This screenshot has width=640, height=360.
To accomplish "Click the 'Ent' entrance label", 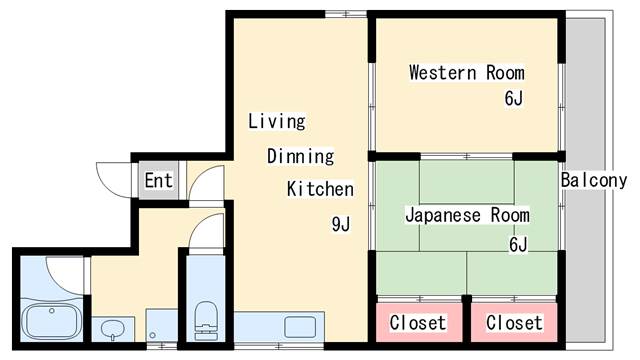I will coord(158,181).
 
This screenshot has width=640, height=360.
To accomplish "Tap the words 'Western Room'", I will coord(466,73).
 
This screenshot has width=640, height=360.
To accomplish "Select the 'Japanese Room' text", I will coord(466,215).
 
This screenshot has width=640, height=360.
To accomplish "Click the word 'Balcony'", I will coord(593,181).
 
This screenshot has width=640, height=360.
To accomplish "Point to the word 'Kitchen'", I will coord(320,188).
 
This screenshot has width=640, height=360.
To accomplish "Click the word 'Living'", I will coord(276,122).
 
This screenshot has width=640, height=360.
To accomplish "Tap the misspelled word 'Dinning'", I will coord(300,156).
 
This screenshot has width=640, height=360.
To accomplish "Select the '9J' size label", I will coord(341,223).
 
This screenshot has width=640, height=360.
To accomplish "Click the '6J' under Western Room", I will coord(513,98).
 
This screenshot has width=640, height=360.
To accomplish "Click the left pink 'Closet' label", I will coord(417,323).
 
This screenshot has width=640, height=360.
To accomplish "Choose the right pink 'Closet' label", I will coord(514,323).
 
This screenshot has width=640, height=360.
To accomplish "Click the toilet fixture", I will coord(206,319).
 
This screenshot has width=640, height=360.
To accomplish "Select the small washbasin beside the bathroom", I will coord(112,328).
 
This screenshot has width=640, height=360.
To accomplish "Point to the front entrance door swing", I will coord(110,178).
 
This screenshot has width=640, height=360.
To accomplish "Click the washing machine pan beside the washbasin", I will coord(161,326).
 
